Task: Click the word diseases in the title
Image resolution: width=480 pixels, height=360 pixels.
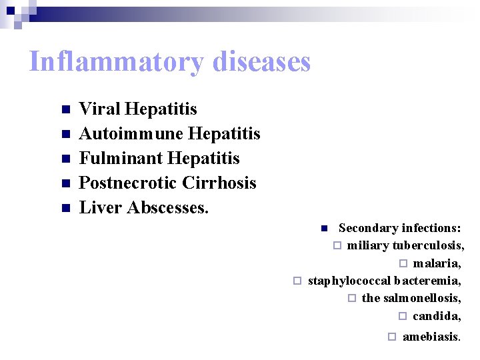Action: (262, 62)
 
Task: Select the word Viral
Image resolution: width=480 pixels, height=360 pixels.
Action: (99, 109)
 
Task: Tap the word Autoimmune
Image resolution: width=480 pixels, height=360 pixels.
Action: (131, 133)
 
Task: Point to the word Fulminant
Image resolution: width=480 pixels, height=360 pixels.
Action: (121, 158)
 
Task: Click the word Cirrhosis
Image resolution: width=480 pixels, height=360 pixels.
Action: (221, 183)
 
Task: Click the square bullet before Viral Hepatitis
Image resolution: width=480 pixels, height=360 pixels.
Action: (65, 109)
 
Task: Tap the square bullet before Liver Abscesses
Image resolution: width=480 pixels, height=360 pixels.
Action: (65, 208)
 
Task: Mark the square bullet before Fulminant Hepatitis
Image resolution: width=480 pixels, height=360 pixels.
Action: (65, 159)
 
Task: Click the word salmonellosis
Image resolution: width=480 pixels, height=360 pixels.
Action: (421, 298)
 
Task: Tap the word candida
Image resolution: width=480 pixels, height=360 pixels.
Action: (436, 316)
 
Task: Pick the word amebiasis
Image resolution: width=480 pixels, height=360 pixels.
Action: (431, 337)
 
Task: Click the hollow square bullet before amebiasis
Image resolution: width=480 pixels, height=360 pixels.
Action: (392, 337)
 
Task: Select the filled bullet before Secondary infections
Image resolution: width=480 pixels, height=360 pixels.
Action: (323, 229)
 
